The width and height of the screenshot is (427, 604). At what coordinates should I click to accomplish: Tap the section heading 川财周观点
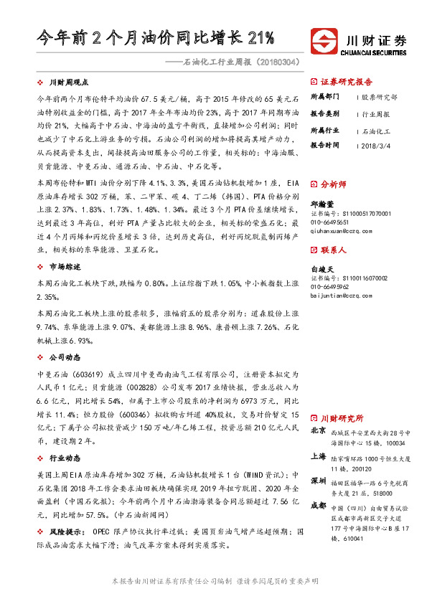click(68, 83)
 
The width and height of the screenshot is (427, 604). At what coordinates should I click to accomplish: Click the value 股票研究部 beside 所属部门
click(379, 96)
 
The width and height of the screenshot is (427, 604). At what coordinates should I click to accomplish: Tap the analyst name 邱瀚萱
click(322, 204)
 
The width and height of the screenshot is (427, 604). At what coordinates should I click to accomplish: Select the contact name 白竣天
click(322, 268)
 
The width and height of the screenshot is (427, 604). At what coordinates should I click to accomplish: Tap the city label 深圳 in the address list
click(319, 479)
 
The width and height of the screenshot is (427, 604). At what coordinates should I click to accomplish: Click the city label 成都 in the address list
click(319, 505)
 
